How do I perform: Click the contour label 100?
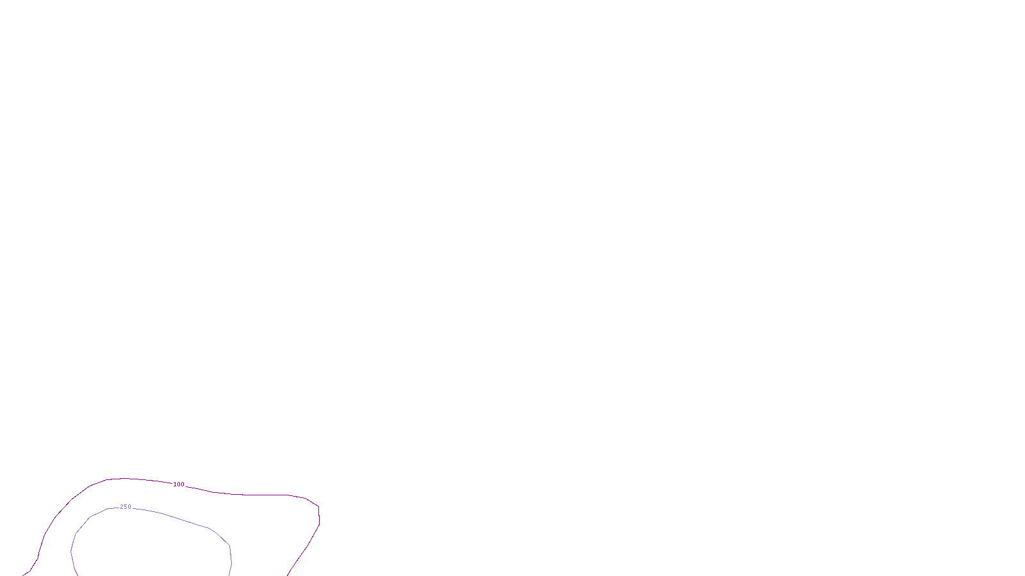(x=179, y=484)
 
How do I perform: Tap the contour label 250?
(x=126, y=507)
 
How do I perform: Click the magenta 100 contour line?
(x=256, y=495)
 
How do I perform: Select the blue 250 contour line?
(x=192, y=522)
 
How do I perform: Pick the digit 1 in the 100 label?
(x=175, y=484)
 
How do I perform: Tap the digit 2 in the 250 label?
(x=122, y=507)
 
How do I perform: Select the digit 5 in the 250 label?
(x=126, y=507)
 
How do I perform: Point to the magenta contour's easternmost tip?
(x=319, y=517)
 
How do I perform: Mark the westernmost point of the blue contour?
(x=71, y=550)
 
